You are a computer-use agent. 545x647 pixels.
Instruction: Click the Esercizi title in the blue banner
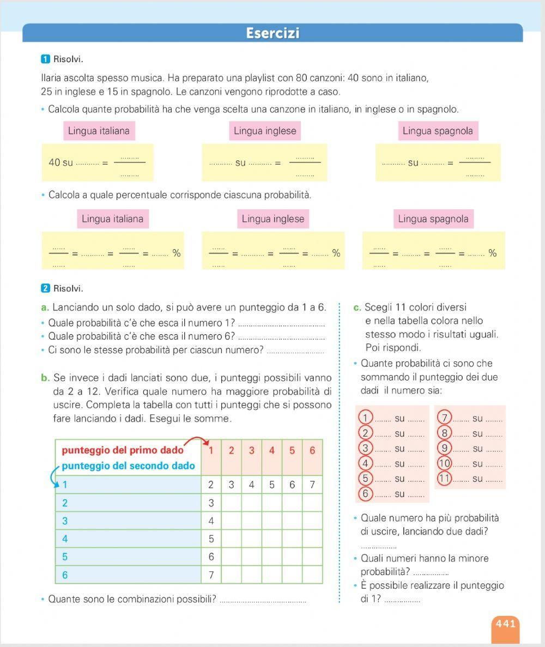272,33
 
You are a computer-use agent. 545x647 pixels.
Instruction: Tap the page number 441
505,624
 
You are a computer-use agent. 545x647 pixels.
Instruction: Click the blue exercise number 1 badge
45,59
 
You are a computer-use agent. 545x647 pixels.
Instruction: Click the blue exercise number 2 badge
45,288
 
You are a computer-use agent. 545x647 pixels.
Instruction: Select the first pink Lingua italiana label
99,131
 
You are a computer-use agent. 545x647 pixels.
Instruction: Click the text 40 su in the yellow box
60,162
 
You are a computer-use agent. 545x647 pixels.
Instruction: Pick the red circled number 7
445,418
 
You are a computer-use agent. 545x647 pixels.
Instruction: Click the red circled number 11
445,479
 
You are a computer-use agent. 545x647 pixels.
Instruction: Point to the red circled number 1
365,418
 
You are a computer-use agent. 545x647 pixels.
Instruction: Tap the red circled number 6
365,494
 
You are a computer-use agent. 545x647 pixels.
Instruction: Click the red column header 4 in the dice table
271,451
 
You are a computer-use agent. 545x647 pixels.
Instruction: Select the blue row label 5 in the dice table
65,557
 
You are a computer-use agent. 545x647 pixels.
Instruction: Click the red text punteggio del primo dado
123,451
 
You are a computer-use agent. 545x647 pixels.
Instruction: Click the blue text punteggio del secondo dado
128,466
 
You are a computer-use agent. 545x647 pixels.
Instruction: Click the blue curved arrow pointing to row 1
56,477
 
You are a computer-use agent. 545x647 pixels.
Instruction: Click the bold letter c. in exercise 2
358,307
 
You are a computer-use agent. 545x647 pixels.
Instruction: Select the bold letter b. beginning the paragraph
45,377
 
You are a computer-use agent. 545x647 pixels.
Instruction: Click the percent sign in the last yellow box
493,253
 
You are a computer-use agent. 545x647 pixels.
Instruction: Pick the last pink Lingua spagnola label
433,219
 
